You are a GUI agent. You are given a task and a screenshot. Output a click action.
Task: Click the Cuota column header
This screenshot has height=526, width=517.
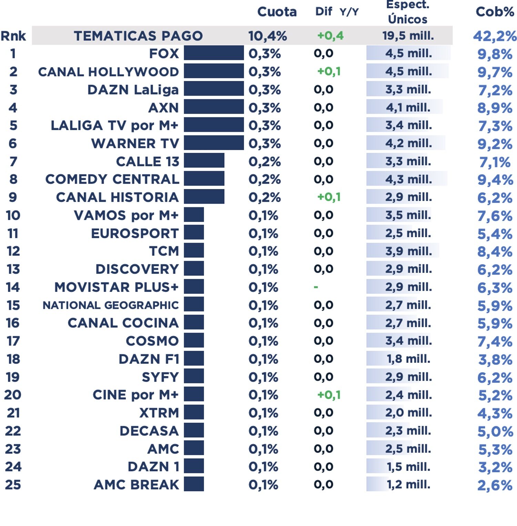coord(277,12)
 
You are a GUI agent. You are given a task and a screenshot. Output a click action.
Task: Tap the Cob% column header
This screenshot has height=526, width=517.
coord(495,12)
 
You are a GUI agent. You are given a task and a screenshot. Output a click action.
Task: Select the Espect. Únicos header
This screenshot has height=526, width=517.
coord(407,12)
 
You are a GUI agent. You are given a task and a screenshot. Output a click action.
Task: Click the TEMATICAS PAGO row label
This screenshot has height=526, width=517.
coord(138,36)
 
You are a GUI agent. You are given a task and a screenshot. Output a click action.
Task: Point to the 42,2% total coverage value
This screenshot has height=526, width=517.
coord(495,36)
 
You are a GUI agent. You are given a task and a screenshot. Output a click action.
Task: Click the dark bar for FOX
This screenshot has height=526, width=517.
coord(214,53)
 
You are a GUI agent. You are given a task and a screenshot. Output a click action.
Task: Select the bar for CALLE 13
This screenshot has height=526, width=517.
coord(204,161)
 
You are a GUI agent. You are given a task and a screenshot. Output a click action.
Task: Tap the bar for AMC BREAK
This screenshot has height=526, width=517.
coord(194,484)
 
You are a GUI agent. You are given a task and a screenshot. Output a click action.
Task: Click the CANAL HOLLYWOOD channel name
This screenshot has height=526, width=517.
coord(109,72)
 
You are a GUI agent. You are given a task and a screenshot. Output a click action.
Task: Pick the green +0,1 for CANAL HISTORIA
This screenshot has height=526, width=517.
coord(328,197)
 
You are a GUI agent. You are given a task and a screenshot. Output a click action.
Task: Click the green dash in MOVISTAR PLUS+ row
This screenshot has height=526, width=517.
coord(316,287)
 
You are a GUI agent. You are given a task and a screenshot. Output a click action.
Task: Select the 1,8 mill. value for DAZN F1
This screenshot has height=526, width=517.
coord(408,359)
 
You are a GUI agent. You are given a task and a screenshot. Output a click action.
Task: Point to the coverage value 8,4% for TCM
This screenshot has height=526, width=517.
coord(495,252)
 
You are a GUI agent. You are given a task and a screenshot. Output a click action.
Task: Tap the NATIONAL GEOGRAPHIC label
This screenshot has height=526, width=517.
coord(111,305)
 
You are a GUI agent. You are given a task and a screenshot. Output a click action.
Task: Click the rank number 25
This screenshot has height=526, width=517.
coord(13,484)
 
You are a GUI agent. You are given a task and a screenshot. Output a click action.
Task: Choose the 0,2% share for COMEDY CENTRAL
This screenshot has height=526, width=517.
coord(264,179)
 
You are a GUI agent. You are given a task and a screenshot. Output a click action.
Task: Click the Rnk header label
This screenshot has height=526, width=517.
coord(13,36)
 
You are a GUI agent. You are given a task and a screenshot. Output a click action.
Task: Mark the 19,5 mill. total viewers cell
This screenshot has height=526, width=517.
coord(408,36)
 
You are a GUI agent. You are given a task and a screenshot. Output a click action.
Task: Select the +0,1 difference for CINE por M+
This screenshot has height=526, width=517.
coord(328,394)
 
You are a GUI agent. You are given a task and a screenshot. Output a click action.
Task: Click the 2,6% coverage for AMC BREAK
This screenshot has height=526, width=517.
coord(495,485)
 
